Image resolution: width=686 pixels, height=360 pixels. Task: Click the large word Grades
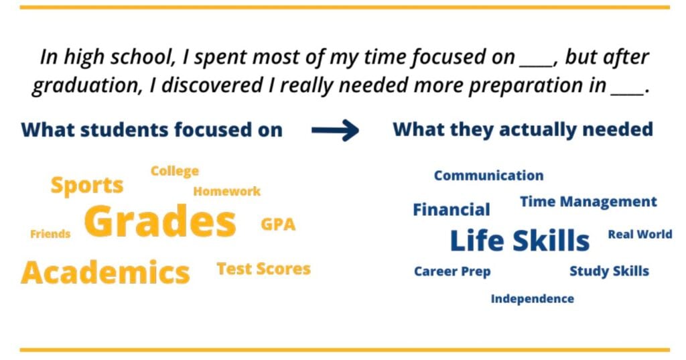click(160, 221)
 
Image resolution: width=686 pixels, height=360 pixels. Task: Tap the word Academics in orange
click(105, 272)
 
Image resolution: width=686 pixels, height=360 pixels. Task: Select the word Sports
click(87, 186)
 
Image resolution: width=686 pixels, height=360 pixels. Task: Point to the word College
click(175, 171)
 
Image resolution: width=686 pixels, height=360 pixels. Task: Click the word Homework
click(226, 191)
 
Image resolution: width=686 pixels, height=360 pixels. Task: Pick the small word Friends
click(50, 234)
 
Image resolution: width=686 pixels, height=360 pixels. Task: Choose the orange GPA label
click(278, 224)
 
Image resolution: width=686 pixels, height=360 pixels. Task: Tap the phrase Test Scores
click(263, 269)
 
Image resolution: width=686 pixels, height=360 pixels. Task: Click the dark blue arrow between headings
click(335, 130)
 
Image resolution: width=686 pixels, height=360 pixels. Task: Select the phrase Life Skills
click(520, 241)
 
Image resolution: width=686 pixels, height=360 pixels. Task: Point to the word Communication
click(488, 175)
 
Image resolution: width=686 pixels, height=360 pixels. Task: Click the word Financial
click(452, 209)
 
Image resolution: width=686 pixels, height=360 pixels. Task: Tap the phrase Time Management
click(588, 202)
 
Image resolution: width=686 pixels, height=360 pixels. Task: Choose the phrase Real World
click(640, 235)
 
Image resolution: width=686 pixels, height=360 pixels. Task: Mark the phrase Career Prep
click(452, 272)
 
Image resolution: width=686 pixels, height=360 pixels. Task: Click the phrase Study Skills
click(609, 271)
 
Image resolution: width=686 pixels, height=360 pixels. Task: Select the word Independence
click(533, 299)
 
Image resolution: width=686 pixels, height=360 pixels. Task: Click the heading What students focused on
click(152, 130)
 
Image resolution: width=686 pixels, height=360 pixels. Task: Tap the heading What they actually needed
click(523, 129)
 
